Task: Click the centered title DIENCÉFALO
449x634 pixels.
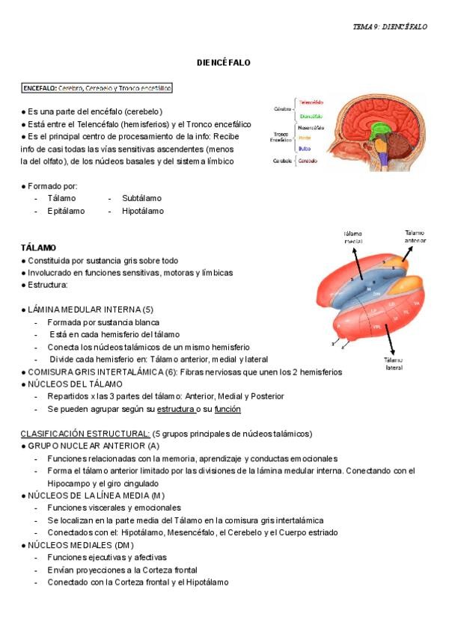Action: click(224, 63)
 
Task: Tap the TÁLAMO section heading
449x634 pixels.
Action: click(40, 247)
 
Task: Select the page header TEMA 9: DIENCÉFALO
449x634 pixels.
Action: click(389, 26)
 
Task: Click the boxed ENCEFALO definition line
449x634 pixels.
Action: click(97, 88)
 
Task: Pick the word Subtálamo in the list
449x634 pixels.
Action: click(141, 198)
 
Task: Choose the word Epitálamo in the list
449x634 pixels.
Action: click(66, 211)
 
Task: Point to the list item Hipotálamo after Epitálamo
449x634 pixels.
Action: click(143, 211)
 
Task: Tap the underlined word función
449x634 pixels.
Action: click(227, 410)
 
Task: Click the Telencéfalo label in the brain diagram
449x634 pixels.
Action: click(311, 102)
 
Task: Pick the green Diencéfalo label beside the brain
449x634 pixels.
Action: click(311, 116)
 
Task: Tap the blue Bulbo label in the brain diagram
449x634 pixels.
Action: click(305, 148)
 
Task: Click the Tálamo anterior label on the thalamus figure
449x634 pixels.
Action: click(415, 236)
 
